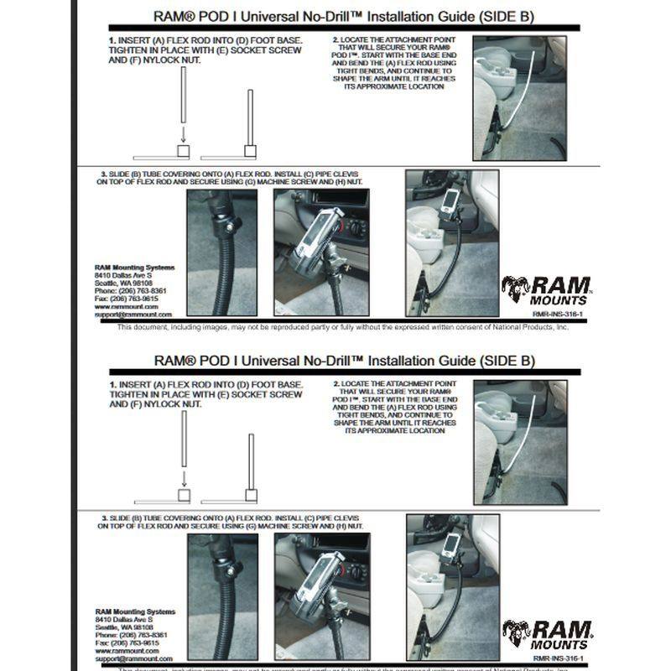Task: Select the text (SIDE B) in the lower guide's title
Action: pos(502,362)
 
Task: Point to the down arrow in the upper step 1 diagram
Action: pos(184,136)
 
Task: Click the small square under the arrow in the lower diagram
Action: pos(184,493)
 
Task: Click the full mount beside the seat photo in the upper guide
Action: pos(452,243)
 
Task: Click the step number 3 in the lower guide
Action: pos(103,519)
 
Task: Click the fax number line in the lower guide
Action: pos(126,642)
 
